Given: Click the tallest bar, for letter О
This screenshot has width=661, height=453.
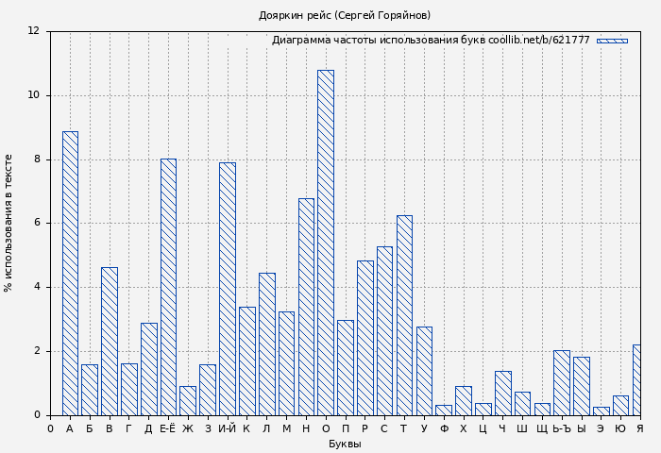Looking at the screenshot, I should point(325,243).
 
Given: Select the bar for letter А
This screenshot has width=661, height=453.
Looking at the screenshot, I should point(70,273).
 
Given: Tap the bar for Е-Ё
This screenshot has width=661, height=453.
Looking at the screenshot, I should point(168,287).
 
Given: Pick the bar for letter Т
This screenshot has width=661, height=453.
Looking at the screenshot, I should point(404,315).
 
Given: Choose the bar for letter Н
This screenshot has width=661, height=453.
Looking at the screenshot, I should point(306,307).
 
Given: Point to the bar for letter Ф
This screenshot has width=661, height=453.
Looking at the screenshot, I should point(444,411).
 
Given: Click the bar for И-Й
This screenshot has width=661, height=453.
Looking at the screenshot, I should point(228,289).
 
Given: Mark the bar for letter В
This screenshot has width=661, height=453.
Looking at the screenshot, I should point(110,341).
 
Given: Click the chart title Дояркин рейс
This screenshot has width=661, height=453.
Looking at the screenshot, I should point(345,15).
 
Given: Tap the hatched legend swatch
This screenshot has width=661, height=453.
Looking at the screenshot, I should point(612,41).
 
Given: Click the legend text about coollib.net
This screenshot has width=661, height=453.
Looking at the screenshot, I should point(431,41).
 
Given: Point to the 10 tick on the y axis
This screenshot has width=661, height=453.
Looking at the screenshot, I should point(33,95).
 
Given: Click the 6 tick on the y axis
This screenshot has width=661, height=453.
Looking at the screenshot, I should point(36,224).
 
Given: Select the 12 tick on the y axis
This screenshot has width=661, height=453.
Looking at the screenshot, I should point(33,31).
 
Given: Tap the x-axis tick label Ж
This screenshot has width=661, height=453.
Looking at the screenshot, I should point(188,429).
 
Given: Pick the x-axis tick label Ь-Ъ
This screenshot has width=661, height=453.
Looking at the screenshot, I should point(562,429).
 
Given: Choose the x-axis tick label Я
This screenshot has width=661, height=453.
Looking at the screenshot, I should point(639,429).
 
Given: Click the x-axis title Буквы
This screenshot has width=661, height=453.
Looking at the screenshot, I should point(345,445).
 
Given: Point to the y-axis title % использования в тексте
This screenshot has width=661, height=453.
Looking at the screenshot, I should point(9,223).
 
